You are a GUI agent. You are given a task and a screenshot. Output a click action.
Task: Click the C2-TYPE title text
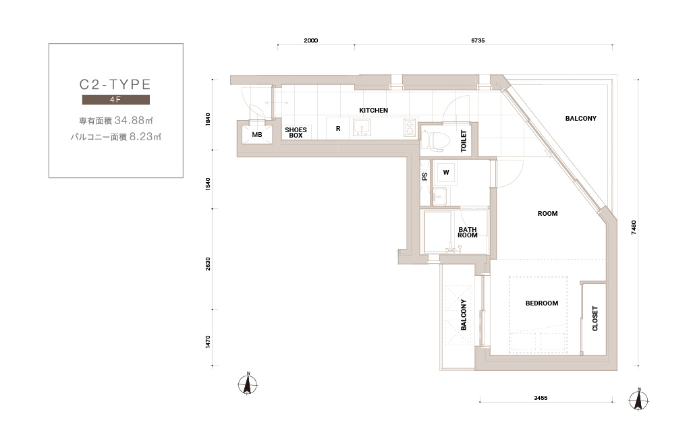tap(115, 84)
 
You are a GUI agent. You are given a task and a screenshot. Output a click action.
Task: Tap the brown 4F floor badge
tap(116, 100)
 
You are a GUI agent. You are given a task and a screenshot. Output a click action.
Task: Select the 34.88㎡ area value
tap(134, 120)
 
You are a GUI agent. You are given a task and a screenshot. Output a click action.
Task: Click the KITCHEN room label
tap(373, 110)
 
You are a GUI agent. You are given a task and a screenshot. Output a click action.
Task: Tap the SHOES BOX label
tap(296, 133)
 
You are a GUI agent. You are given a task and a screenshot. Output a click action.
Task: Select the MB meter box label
tap(257, 135)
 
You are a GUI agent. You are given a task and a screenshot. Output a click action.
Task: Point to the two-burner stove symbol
tap(410, 127)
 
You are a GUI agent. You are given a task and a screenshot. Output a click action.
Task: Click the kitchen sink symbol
tap(362, 127)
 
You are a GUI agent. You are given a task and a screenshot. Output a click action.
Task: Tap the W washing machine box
tap(446, 173)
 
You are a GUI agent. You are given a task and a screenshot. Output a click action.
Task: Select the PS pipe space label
tap(424, 177)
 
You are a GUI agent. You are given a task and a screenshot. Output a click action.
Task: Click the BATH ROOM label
tap(468, 232)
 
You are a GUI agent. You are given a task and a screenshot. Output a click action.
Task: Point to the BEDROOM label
tap(542, 303)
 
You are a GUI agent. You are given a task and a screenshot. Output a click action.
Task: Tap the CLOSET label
tap(595, 318)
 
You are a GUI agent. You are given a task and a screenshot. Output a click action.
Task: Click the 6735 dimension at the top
tap(478, 40)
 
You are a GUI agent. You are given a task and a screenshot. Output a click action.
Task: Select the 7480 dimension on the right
tap(633, 227)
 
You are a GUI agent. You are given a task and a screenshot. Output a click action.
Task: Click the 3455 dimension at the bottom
tap(541, 398)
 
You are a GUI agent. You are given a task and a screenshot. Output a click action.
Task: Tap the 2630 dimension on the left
tap(208, 264)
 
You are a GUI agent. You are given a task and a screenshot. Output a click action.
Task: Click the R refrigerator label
tap(338, 129)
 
